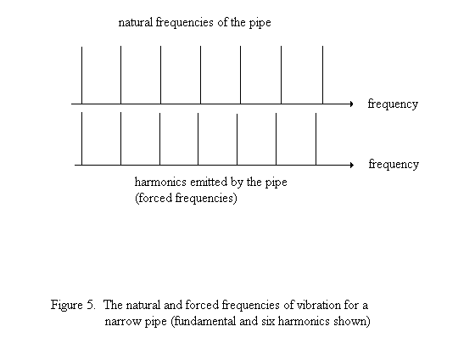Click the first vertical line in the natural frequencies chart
pos(81,76)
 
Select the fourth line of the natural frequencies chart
pos(200,75)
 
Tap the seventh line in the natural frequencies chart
pos(322,75)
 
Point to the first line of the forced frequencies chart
pos(81,138)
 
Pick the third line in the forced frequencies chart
pos(159,139)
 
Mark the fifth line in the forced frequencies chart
pos(237,139)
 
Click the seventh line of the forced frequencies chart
pos(316,139)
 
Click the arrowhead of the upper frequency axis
pos(351,104)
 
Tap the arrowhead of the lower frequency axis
pos(352,165)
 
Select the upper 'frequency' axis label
pos(393,104)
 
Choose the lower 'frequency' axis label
pos(394,165)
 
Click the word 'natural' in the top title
pos(136,22)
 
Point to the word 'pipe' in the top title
pos(260,23)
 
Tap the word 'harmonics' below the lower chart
pos(160,182)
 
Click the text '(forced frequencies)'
pos(186,199)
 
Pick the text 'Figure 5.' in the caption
pos(73,305)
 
